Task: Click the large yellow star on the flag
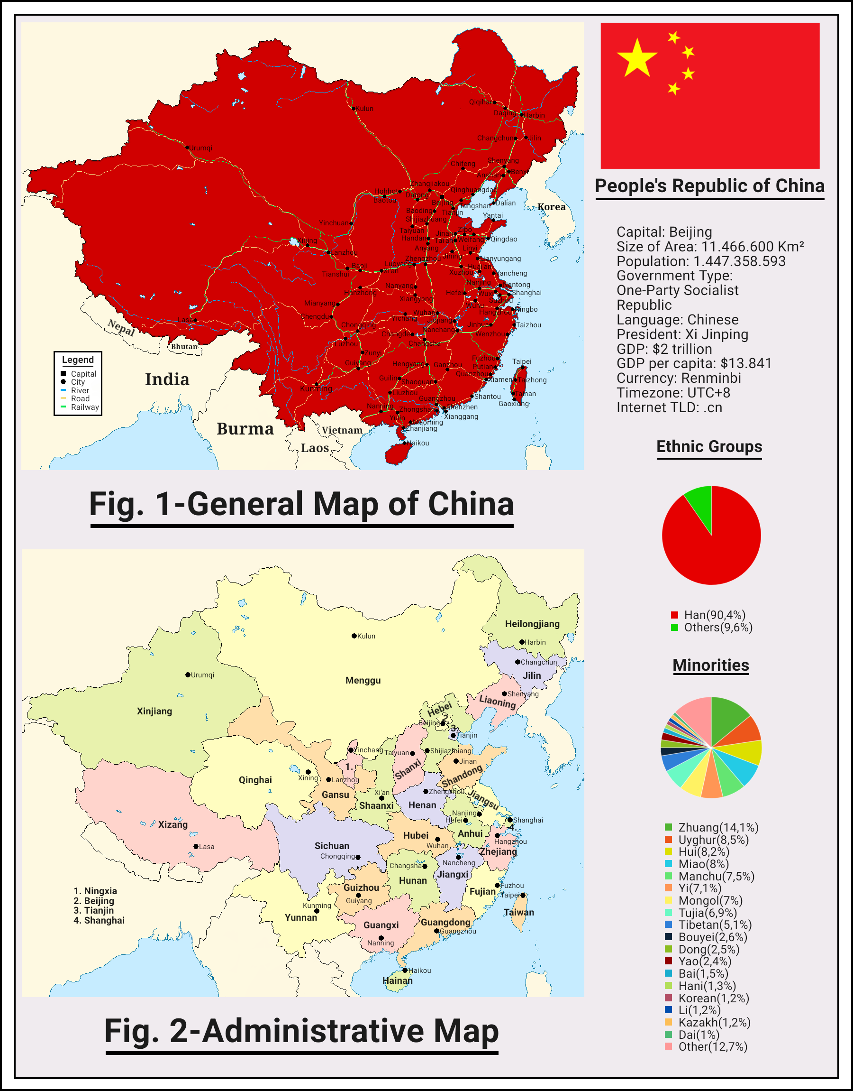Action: point(637,58)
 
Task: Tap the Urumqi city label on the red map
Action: point(201,148)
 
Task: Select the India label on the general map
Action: point(167,379)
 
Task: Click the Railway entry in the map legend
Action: point(84,407)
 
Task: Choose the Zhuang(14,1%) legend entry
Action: point(717,828)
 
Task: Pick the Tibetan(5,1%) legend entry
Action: point(714,925)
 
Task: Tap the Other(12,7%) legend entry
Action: point(712,1046)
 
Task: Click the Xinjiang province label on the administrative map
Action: point(154,711)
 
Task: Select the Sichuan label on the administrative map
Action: point(332,846)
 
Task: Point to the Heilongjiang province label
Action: point(532,624)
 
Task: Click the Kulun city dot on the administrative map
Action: point(354,636)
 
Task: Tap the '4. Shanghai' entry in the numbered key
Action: point(99,921)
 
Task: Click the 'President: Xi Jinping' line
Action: point(682,334)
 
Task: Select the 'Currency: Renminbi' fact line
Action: point(679,379)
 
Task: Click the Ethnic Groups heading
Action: point(708,446)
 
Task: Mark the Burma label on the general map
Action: point(245,429)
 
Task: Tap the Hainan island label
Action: point(398,980)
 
